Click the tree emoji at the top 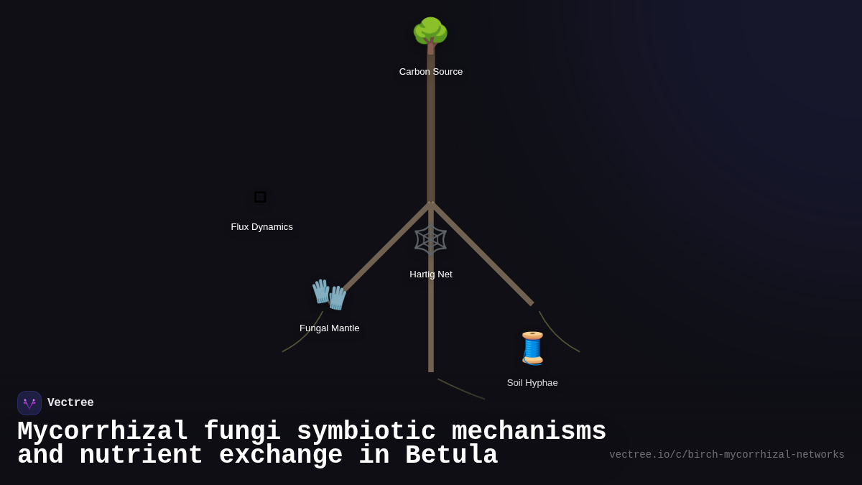430,34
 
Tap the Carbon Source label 431,72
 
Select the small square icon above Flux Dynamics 260,197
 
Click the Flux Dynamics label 261,227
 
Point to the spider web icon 430,240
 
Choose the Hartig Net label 431,274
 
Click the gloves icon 329,294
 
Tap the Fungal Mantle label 329,328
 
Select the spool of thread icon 532,348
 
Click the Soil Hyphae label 532,383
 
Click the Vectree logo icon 29,403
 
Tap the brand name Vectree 70,403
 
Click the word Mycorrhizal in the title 102,432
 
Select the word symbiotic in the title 366,432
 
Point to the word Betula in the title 451,456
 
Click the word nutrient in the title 141,456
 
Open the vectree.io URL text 726,455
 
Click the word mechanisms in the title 529,432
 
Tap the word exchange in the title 280,456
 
